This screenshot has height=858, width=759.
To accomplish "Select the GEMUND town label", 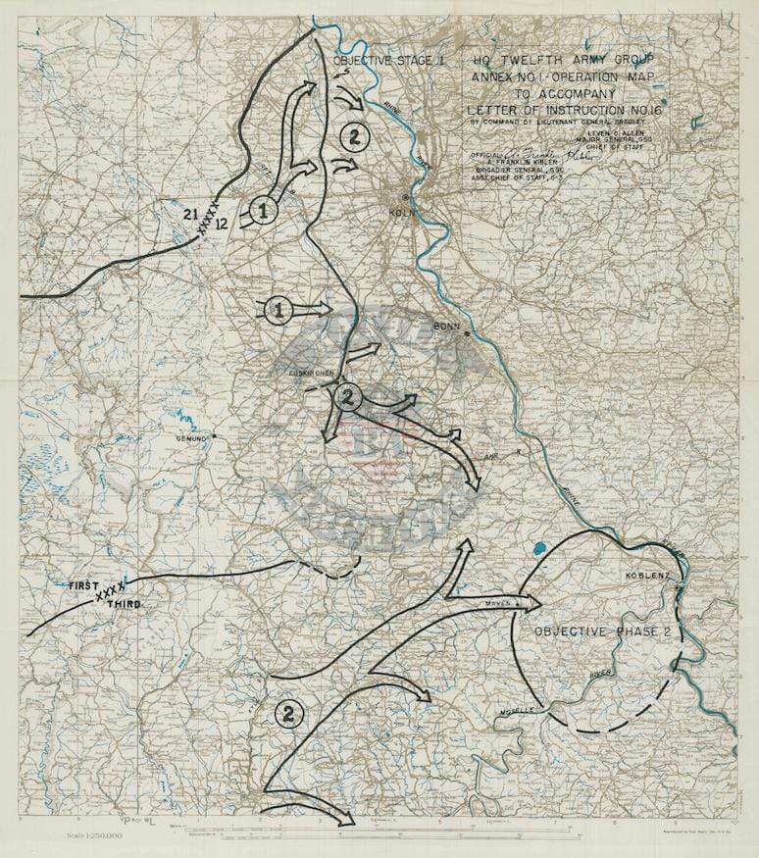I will coord(192,439).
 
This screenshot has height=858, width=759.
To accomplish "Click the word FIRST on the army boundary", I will coord(84,584).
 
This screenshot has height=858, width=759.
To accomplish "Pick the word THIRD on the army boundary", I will coord(124,605).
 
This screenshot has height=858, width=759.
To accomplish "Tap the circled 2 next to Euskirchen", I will coord(348,397).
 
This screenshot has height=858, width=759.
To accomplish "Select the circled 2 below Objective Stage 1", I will coord(352,136).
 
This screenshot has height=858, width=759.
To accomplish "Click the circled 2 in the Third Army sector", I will coord(290,713).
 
